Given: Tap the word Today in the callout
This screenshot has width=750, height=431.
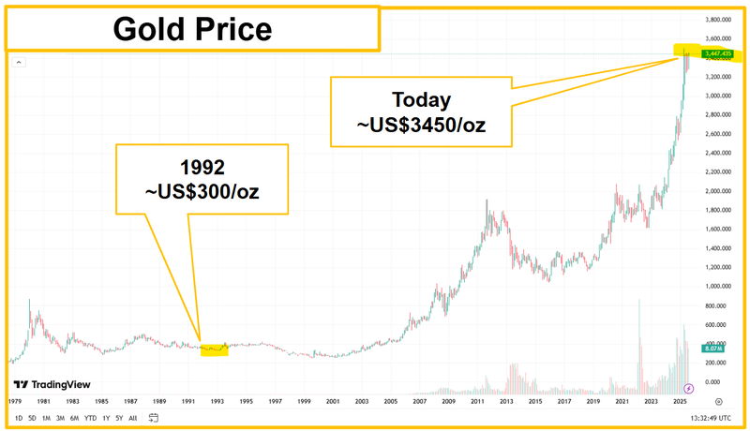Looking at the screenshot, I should tap(421, 99).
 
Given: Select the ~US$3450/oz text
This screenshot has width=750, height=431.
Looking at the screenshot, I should tap(421, 125).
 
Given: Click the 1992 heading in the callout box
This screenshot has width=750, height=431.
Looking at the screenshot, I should tap(201, 169).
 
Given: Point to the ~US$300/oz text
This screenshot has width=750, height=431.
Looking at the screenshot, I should tap(201, 194).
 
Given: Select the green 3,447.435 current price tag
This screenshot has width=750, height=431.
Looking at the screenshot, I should tap(718, 54).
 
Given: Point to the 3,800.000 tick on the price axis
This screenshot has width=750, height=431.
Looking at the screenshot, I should tap(717, 20).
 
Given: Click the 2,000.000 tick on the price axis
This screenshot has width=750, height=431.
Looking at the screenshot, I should tap(717, 191).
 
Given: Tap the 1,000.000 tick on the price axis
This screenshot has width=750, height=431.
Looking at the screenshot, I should tap(717, 287).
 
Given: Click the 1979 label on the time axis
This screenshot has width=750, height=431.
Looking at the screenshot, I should tap(15, 401).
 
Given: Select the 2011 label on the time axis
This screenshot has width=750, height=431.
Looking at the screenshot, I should tap(479, 401).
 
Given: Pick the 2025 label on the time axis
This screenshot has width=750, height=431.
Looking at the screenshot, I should tap(681, 401).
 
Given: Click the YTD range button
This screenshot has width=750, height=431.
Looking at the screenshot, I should tap(90, 418).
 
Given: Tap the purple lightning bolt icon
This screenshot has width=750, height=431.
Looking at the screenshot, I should tap(690, 388).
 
